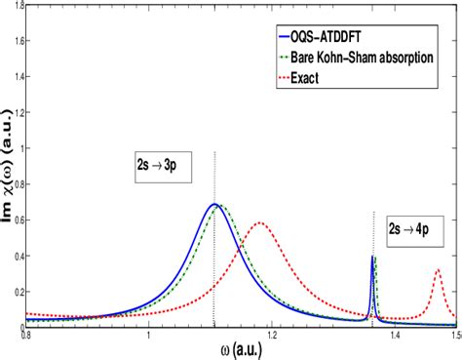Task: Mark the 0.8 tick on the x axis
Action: [26, 335]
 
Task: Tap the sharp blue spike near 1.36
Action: [373, 257]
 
